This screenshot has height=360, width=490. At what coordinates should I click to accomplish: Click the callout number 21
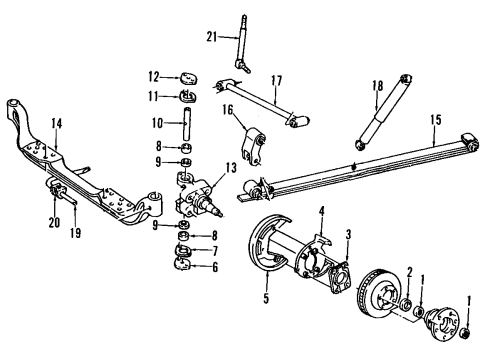point(211,37)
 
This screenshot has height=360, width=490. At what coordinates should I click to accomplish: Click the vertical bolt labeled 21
point(241,40)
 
